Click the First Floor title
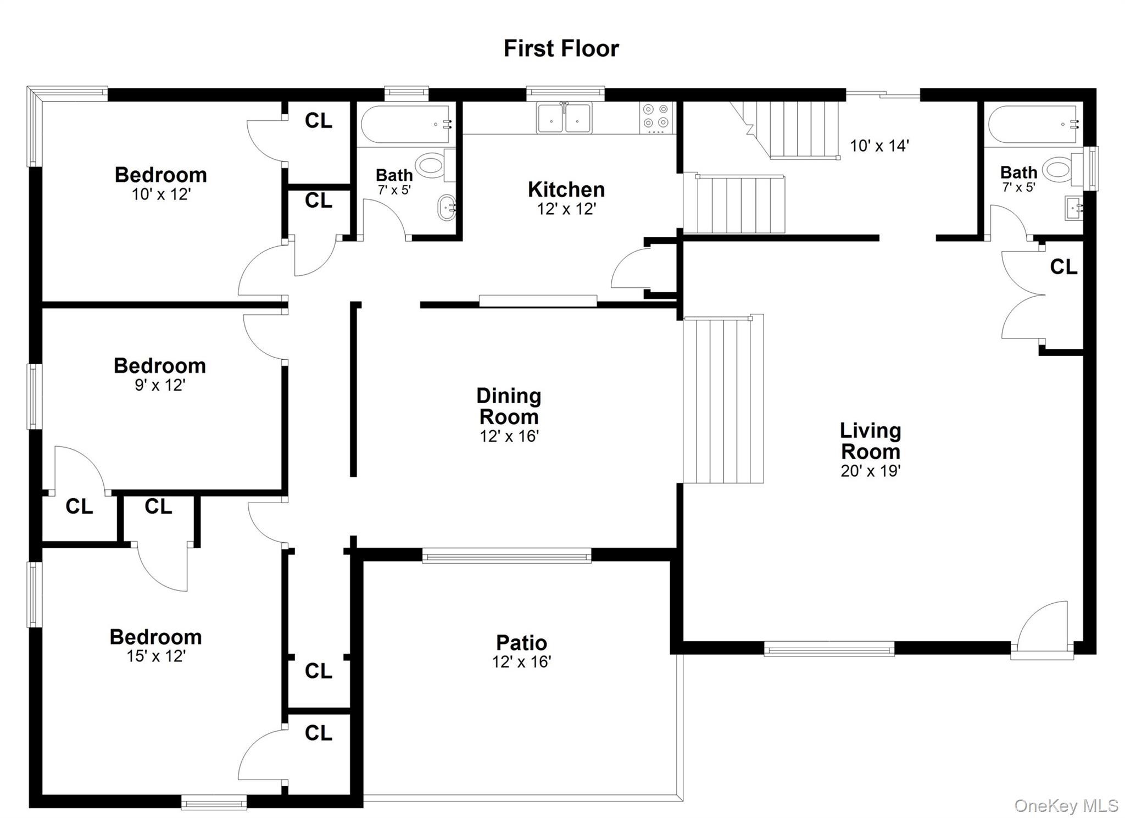561,48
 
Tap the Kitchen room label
566,190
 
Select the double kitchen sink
564,118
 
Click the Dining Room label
509,406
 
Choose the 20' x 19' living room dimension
870,471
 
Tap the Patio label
521,642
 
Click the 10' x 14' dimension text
879,146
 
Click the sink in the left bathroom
446,208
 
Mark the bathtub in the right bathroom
1033,124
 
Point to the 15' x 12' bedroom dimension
156,656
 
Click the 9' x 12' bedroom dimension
160,385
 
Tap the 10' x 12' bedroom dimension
161,194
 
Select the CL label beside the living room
1063,267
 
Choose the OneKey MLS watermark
1066,805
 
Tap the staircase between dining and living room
723,400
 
